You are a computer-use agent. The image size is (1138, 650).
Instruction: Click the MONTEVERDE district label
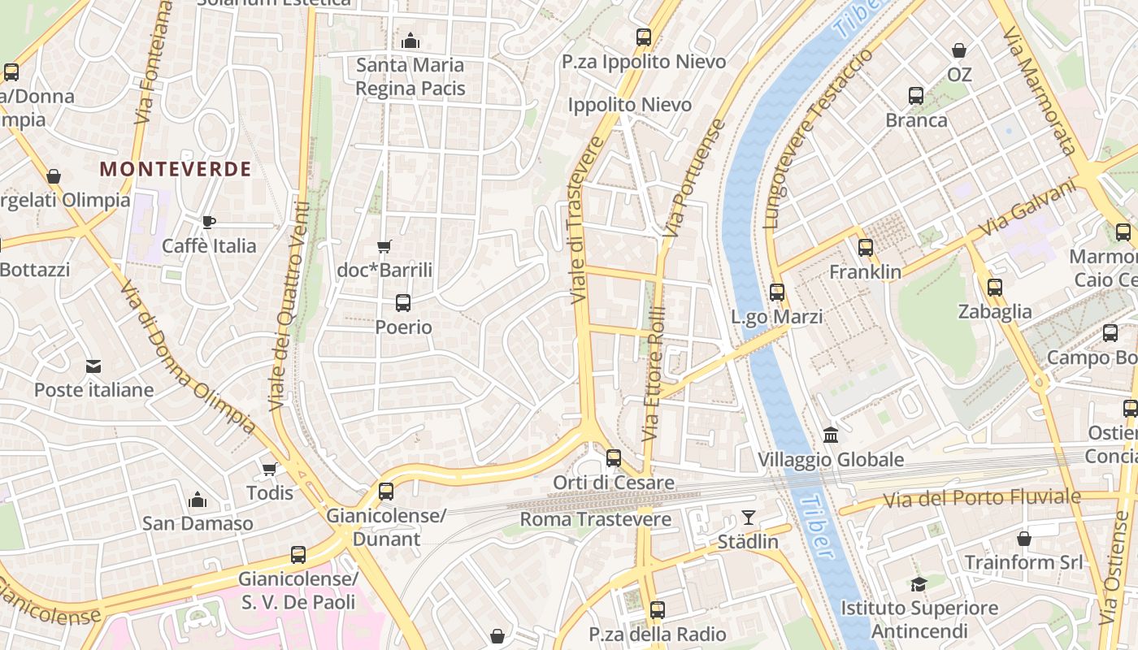(x=175, y=169)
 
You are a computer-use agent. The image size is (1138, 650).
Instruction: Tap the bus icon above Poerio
(x=402, y=303)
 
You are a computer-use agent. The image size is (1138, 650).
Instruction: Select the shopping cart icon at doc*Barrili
(x=384, y=246)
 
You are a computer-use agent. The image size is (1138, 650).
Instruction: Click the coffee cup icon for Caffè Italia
(x=209, y=222)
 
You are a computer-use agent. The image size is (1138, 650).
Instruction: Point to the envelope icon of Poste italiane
(x=93, y=366)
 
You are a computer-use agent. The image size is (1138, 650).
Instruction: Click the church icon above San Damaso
(x=198, y=500)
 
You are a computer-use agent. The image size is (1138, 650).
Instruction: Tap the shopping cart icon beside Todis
(x=269, y=469)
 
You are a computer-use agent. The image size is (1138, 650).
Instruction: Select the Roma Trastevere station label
(x=596, y=519)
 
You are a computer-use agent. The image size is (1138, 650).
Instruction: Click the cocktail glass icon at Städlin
(x=748, y=517)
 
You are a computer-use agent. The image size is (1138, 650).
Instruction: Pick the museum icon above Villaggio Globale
(x=831, y=435)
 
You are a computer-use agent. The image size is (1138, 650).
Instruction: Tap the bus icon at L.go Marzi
(x=777, y=292)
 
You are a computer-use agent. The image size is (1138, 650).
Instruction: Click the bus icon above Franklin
(x=866, y=248)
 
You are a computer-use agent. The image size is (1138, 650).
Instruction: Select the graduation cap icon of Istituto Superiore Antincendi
(x=919, y=584)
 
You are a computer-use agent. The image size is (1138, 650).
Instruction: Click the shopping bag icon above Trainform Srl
(x=1024, y=538)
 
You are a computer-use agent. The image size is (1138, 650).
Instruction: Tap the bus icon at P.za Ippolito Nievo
(x=644, y=37)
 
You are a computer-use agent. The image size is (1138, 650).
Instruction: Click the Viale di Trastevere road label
(x=587, y=221)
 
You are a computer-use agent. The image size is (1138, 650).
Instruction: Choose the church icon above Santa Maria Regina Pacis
(x=410, y=40)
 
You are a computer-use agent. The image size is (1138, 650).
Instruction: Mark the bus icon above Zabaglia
(x=995, y=287)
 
